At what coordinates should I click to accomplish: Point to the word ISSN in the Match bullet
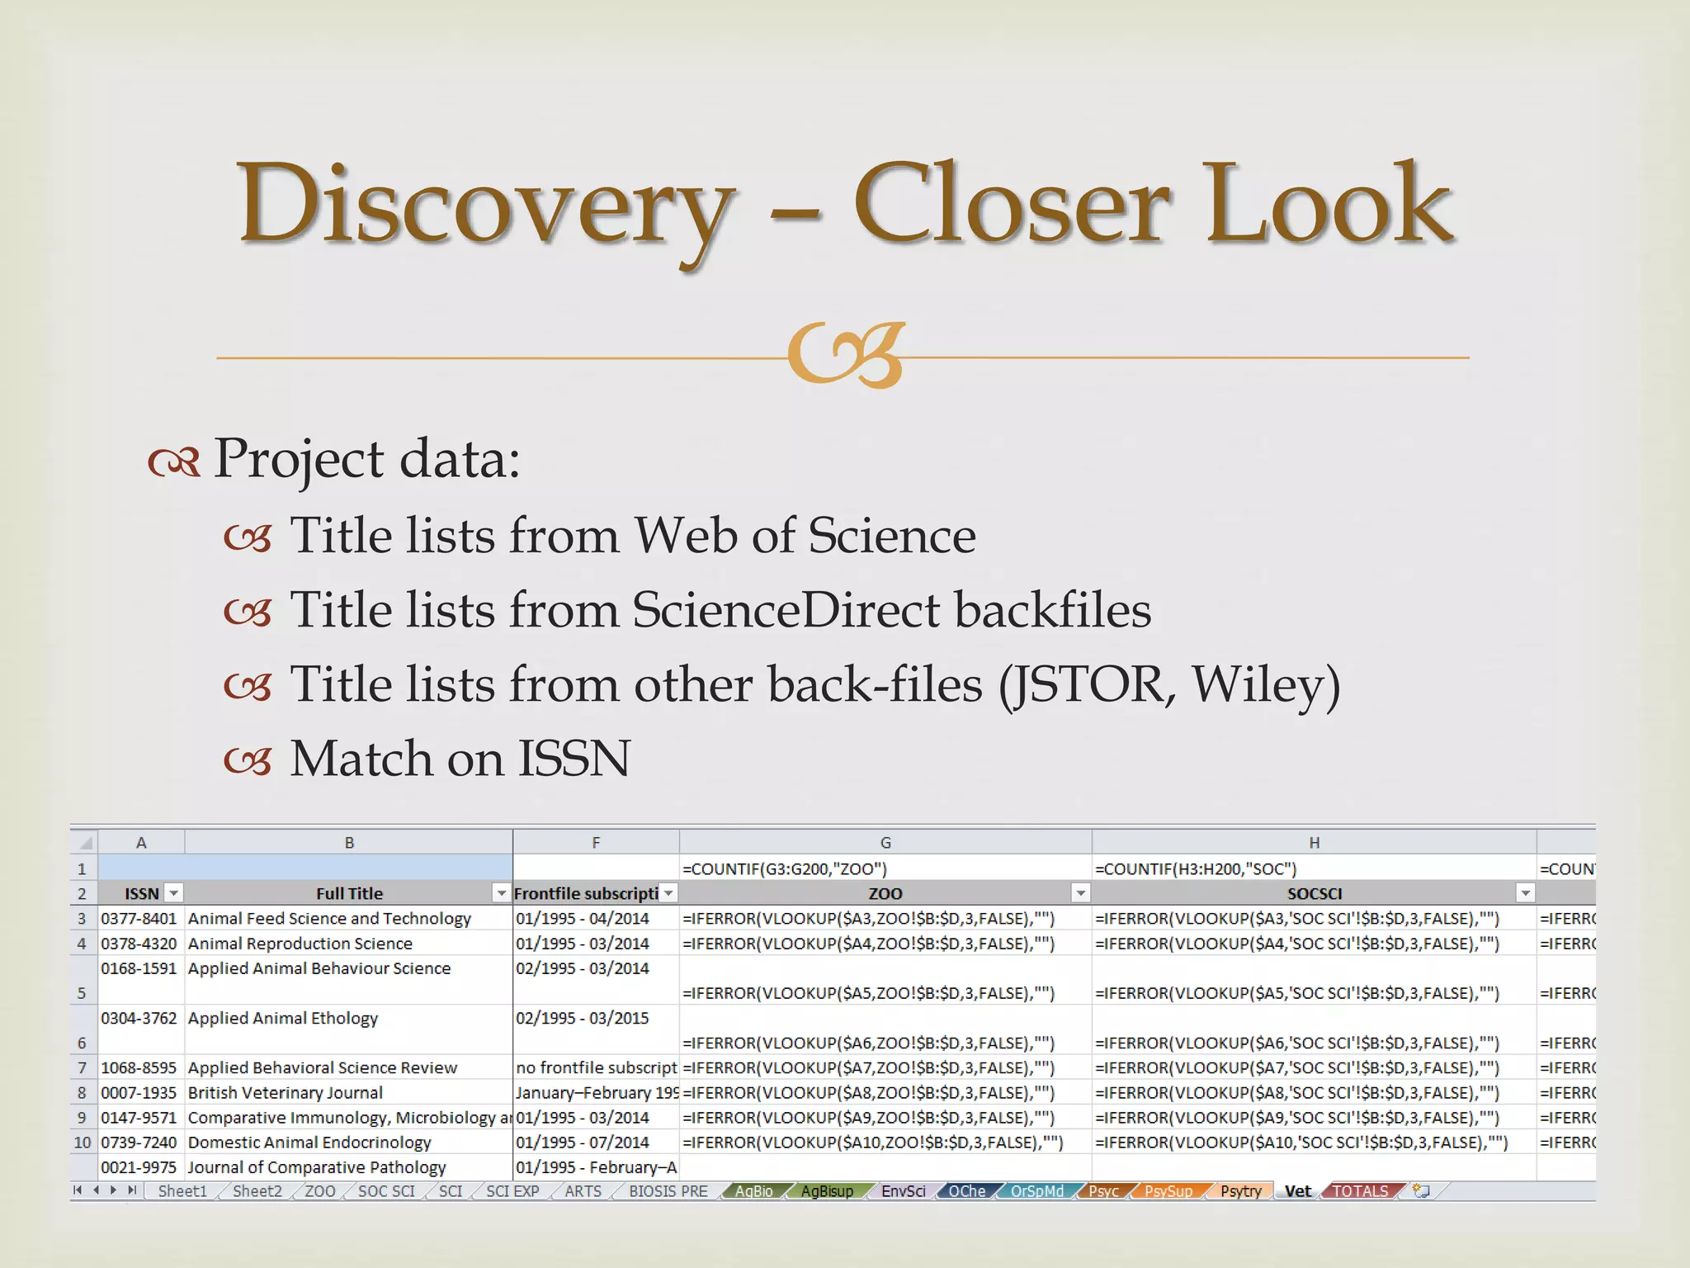[574, 759]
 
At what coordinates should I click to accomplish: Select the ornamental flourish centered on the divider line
[847, 356]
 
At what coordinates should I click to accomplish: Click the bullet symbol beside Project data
[174, 461]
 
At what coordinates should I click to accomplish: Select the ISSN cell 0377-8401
[139, 919]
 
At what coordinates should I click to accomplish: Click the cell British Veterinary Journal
[286, 1093]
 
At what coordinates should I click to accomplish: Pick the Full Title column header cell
[348, 893]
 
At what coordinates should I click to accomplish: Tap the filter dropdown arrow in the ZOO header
[1080, 893]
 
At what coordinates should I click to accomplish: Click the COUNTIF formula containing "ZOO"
[784, 868]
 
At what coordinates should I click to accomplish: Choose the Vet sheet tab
[1297, 1191]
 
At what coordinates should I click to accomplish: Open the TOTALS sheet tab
[1361, 1191]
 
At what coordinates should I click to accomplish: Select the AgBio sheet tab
[753, 1191]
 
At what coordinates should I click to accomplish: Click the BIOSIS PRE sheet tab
[668, 1191]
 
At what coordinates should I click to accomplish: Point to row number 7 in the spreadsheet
[82, 1068]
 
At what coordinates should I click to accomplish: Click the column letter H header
[1314, 843]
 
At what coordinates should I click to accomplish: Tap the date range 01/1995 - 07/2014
[583, 1143]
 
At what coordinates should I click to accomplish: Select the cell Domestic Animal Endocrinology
[309, 1143]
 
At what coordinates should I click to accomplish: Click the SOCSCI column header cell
[1314, 893]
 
